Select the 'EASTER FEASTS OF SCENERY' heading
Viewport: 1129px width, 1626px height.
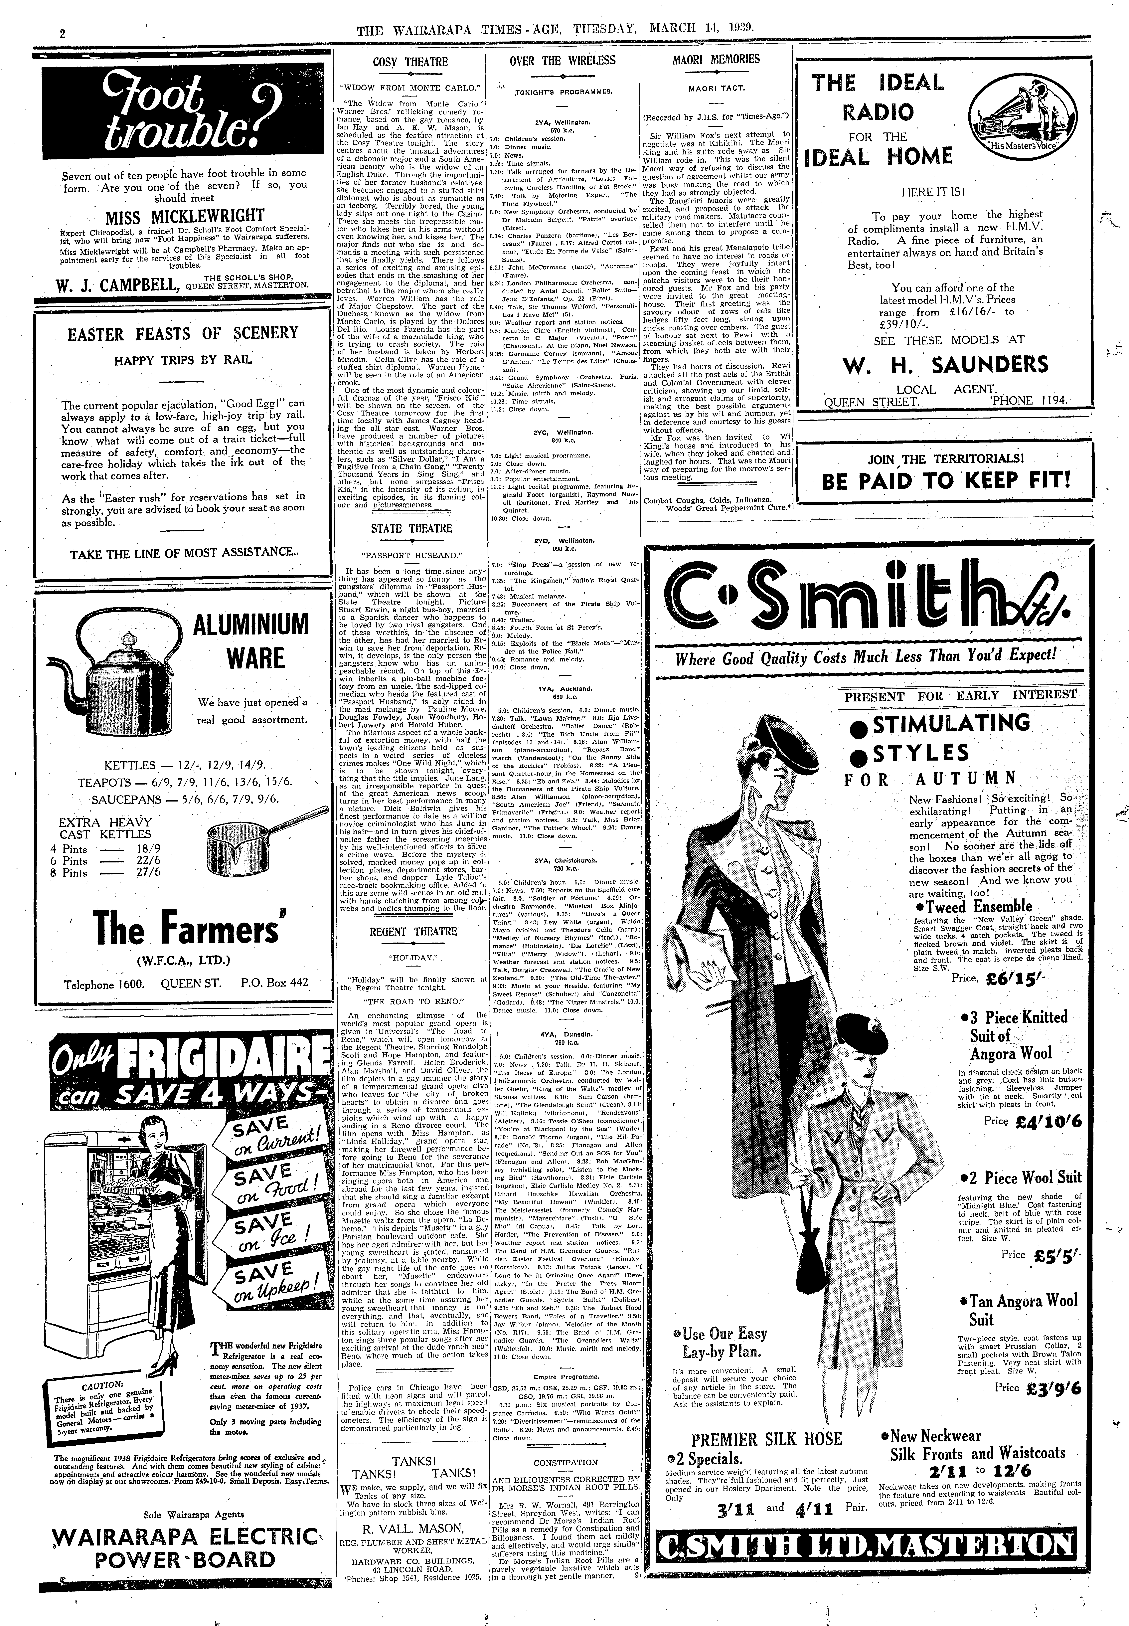183,334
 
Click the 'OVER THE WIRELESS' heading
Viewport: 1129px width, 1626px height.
562,61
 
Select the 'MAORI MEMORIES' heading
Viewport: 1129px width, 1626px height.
716,60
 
